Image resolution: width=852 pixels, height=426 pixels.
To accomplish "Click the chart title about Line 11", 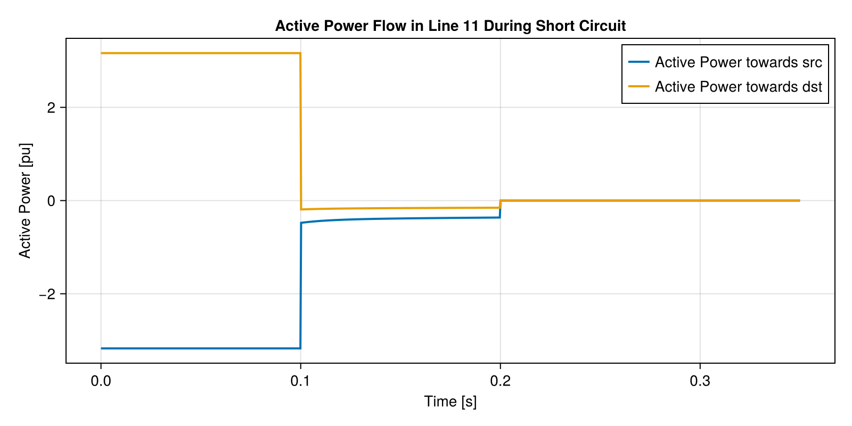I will click(x=450, y=26).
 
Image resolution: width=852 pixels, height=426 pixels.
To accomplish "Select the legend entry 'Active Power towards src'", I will click(x=738, y=62).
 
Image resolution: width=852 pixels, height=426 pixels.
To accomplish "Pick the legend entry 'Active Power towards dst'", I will click(x=738, y=87).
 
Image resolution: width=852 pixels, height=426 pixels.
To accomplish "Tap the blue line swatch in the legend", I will click(x=638, y=62).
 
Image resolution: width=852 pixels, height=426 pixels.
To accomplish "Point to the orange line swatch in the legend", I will click(x=638, y=87).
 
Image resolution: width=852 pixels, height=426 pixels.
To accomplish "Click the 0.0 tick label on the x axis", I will click(x=101, y=381).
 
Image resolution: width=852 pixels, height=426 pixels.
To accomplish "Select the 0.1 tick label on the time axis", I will click(x=300, y=381).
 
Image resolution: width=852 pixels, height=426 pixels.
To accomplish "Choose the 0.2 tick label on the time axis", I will click(x=500, y=381).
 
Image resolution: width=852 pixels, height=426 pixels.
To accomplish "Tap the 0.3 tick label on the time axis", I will click(x=700, y=381).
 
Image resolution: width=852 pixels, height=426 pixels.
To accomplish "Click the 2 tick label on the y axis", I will click(x=51, y=108).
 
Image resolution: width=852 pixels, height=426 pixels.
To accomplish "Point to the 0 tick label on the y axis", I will click(x=51, y=201).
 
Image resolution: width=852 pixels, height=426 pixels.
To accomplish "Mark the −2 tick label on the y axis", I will click(x=47, y=294).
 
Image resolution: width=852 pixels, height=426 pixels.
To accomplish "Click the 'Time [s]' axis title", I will click(x=450, y=402).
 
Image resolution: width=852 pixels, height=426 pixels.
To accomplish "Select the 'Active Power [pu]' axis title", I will click(x=25, y=200).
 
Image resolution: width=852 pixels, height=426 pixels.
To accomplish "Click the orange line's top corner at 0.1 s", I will click(x=300, y=53).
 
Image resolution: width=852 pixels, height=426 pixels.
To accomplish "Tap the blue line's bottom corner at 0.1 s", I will click(x=300, y=348).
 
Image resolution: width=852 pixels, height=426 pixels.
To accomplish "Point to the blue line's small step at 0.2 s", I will click(x=500, y=209).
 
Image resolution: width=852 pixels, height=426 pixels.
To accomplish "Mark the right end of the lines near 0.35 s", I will click(x=799, y=201).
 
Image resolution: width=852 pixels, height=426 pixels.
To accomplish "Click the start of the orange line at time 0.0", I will click(x=101, y=53).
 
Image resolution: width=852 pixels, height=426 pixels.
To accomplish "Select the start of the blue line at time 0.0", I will click(x=101, y=348).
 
